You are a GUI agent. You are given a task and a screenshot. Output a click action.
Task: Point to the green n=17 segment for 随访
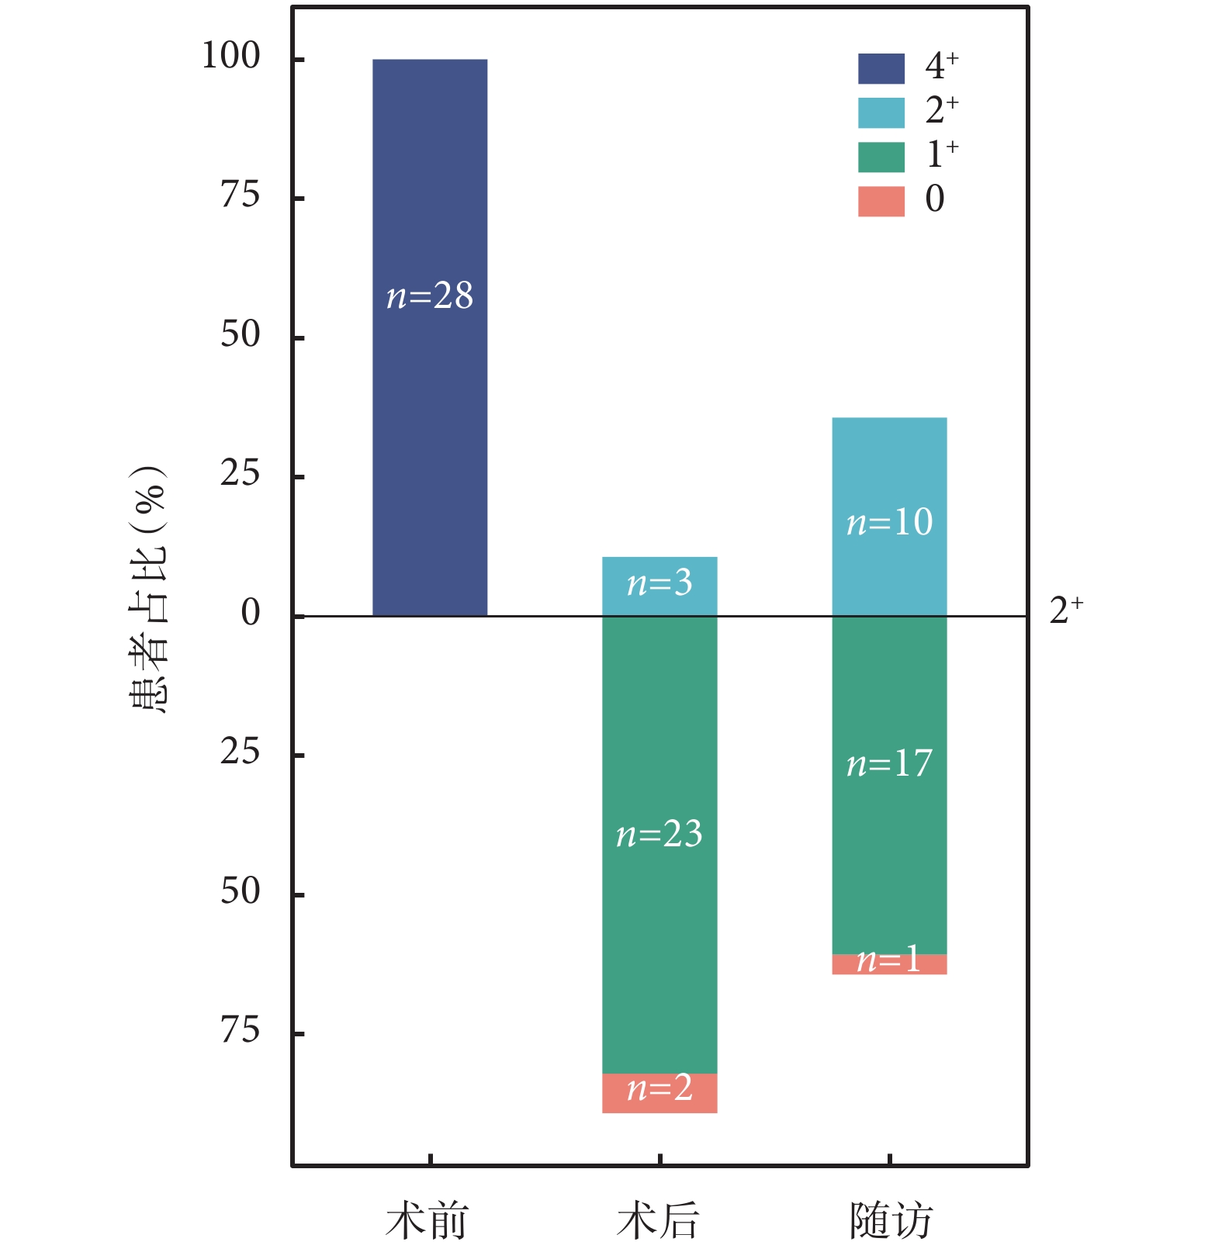point(889,853)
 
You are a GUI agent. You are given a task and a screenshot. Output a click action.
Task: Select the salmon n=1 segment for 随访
point(889,964)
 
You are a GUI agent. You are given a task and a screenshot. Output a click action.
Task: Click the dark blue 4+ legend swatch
point(881,68)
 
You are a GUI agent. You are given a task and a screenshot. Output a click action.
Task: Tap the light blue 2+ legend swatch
point(881,112)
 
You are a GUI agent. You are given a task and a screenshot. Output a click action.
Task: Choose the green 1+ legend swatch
point(881,157)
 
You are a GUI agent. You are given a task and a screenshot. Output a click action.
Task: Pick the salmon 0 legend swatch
point(881,201)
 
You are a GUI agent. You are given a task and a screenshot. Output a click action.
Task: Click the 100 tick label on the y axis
point(230,57)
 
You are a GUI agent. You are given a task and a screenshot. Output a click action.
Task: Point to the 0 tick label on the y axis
point(250,613)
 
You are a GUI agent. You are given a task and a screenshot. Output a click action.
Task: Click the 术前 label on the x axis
point(428,1221)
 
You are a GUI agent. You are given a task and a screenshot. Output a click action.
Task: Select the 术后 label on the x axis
point(658,1221)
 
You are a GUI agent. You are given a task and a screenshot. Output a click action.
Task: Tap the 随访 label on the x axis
point(890,1221)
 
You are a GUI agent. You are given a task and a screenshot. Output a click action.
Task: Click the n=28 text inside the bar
point(429,296)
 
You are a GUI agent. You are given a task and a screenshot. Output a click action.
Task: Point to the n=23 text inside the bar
point(659,835)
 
